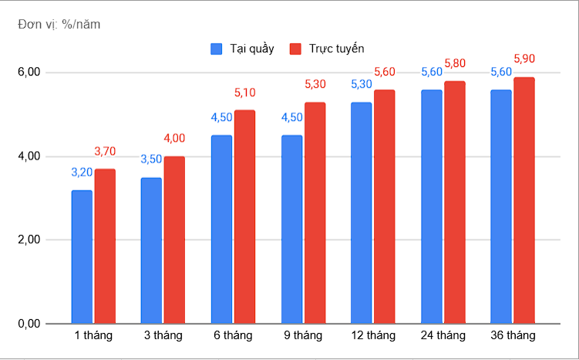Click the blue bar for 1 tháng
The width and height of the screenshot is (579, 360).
pos(82,257)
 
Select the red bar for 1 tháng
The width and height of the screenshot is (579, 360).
pos(105,247)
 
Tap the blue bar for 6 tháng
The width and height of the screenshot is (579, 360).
pos(221,230)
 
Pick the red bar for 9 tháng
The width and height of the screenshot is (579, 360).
pos(315,213)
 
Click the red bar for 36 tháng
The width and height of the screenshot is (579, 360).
pos(524,200)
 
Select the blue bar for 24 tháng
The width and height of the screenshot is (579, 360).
pos(431,207)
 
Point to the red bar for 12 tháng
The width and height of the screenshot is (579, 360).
pos(385,207)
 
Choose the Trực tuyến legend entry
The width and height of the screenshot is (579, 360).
pos(326,49)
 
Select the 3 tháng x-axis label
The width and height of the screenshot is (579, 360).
pos(163,335)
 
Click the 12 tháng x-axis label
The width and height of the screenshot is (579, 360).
pos(373,335)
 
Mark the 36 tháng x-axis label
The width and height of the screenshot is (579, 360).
pos(513,335)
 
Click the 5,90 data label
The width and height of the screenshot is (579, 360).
pos(524,59)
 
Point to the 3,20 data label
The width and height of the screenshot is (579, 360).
pos(82,172)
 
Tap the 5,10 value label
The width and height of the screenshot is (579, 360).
pos(244,93)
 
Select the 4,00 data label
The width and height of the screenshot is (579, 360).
pos(174,138)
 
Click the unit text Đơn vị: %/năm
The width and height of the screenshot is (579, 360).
pos(59,24)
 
